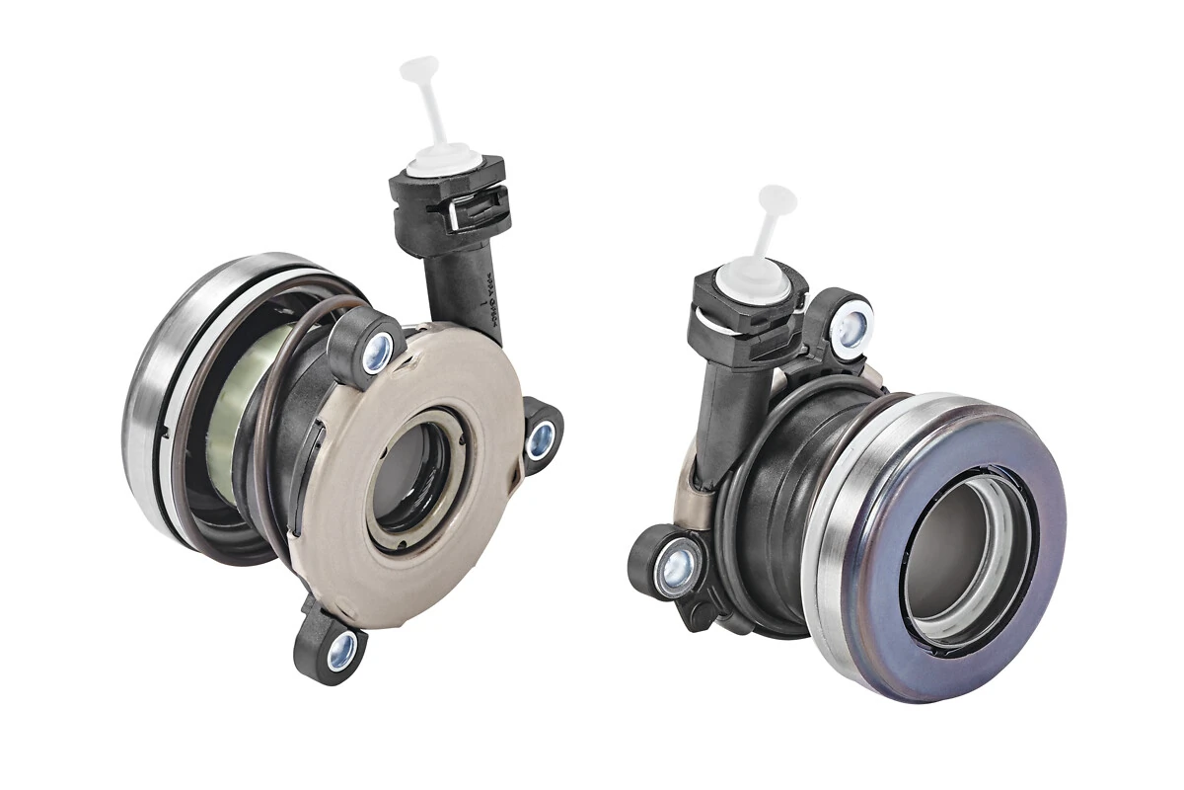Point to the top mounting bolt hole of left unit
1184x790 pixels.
377,353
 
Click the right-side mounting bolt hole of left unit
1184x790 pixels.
541,440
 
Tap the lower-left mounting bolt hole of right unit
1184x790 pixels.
676,567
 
